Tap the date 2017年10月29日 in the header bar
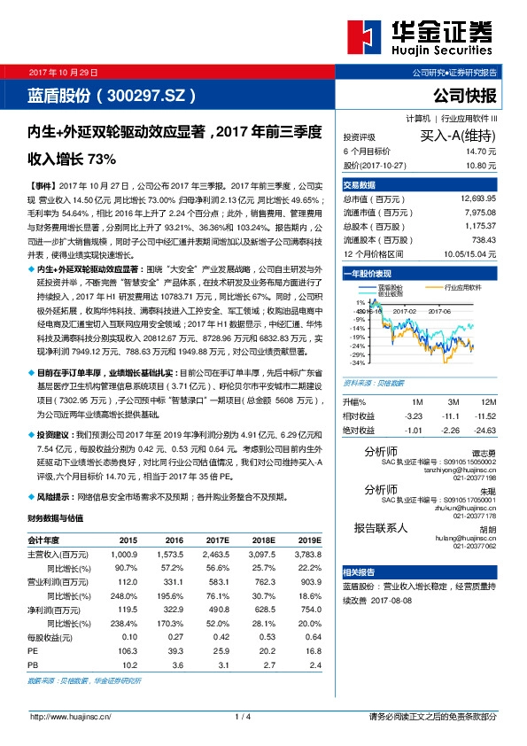65,72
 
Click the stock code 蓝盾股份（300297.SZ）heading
112,95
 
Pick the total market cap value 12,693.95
478,199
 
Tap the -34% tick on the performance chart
356,362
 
